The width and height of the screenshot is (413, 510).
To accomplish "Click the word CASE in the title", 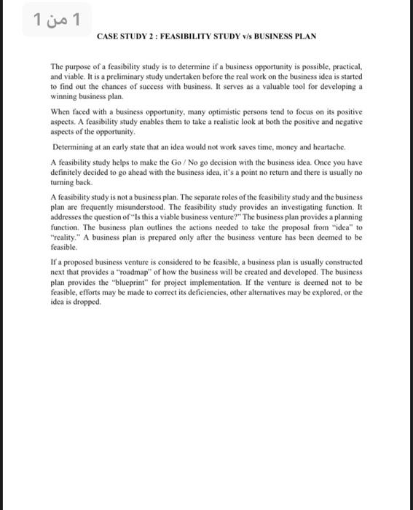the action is pyautogui.click(x=106, y=36).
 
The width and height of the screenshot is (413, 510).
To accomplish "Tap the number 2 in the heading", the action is pyautogui.click(x=152, y=36).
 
